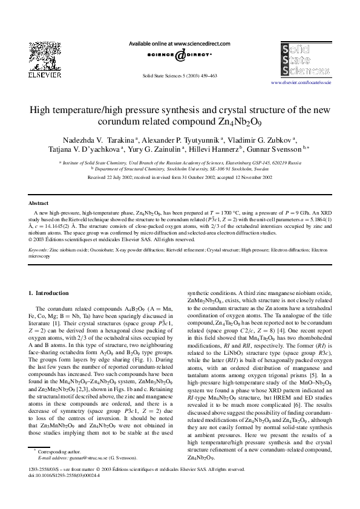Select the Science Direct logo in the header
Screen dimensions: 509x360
(180, 56)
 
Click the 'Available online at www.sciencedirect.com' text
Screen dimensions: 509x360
(180, 44)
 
